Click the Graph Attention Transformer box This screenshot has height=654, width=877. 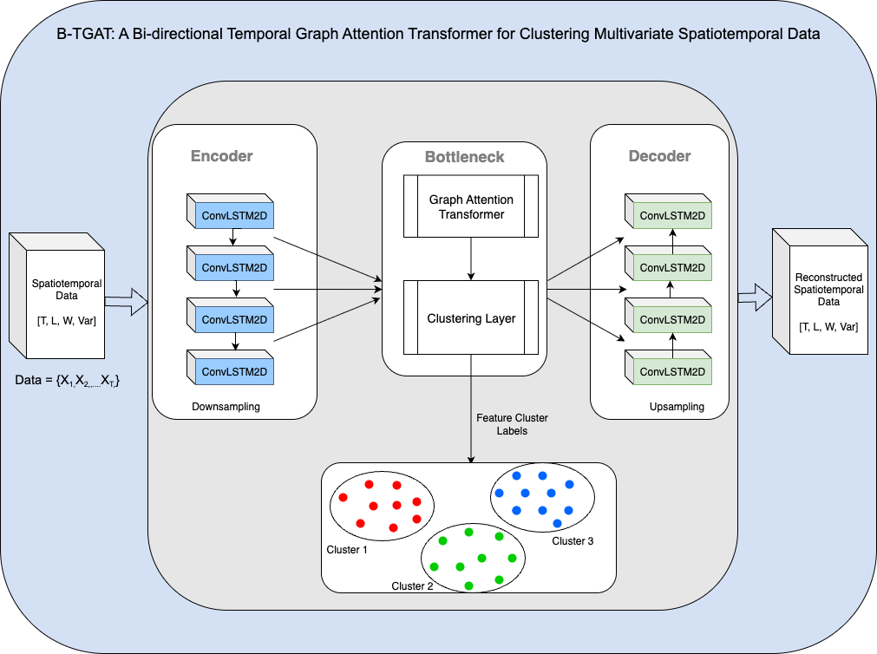pos(471,206)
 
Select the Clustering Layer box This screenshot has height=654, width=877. pos(471,318)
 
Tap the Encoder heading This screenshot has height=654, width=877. pos(221,156)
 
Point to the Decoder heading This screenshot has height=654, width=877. pos(659,156)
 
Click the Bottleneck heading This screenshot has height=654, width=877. pos(464,158)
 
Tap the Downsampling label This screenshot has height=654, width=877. pos(226,406)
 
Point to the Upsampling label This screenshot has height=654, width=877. pos(677,406)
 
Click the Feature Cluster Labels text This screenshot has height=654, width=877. pos(512,424)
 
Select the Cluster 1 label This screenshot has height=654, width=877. pos(347,550)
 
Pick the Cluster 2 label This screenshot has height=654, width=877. pos(412,586)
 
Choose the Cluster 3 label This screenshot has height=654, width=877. pos(573,541)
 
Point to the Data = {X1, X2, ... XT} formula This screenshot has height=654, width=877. pos(67,380)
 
